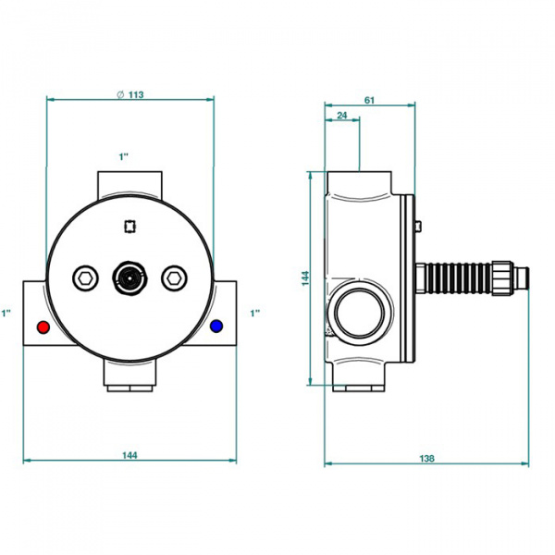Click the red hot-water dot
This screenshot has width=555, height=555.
click(x=42, y=327)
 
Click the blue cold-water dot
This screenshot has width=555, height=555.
click(x=217, y=327)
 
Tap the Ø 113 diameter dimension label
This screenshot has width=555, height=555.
click(x=130, y=93)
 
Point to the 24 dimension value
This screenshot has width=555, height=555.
click(x=341, y=116)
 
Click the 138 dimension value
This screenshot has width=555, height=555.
click(x=427, y=458)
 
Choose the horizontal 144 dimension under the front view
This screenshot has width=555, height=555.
click(x=130, y=455)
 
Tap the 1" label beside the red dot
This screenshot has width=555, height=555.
click(x=7, y=314)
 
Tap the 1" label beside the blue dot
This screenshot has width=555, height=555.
click(x=255, y=314)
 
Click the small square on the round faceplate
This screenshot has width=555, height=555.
click(x=129, y=224)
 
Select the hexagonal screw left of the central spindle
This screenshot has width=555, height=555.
click(x=85, y=277)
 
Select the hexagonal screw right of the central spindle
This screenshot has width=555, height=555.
click(x=173, y=277)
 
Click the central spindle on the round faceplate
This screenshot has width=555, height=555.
click(x=129, y=277)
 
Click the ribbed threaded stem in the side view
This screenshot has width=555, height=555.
click(x=458, y=277)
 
